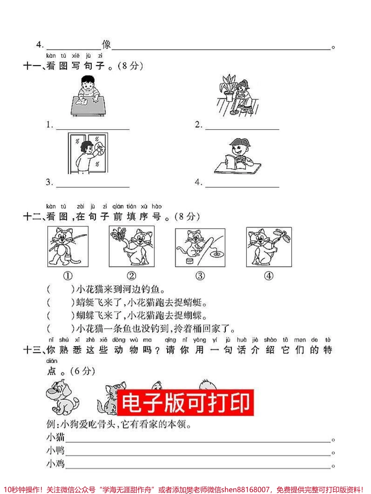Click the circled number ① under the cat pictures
click(x=68, y=276)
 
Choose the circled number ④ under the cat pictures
click(x=269, y=276)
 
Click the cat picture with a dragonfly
click(x=269, y=247)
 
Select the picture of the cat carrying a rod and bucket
click(x=68, y=246)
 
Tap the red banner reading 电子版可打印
click(x=185, y=402)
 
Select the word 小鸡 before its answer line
click(x=55, y=464)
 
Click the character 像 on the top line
click(x=106, y=45)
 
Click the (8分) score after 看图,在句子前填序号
click(x=187, y=217)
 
